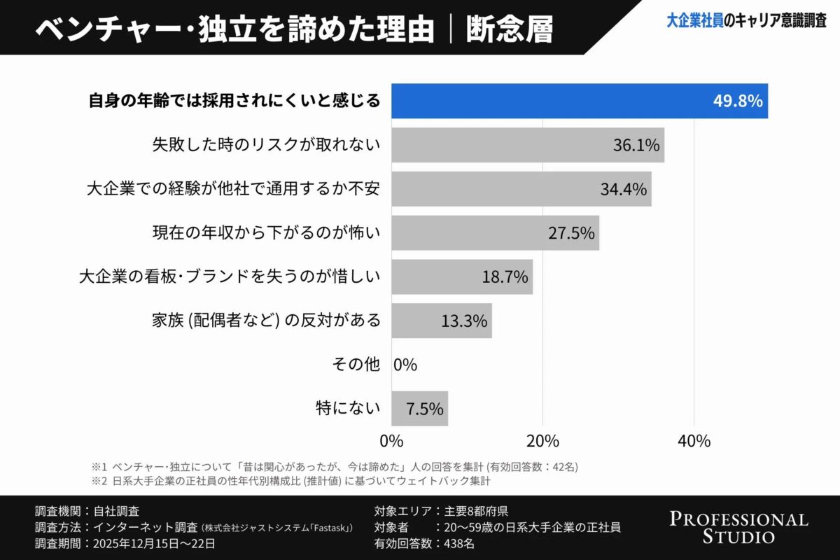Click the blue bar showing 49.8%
[579, 101]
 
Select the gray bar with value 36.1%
[527, 145]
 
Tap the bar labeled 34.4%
[521, 189]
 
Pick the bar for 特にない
[419, 409]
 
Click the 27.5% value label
[571, 233]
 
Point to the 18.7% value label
[505, 277]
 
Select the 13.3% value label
[464, 321]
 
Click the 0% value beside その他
[405, 365]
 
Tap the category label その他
[356, 365]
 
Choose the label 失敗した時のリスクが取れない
[266, 145]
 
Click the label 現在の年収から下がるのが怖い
[266, 233]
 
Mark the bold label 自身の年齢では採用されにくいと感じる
[234, 101]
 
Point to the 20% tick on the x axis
[542, 441]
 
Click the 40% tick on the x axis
[694, 441]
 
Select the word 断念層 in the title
[509, 29]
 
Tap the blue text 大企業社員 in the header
[694, 21]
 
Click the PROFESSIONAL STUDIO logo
[738, 528]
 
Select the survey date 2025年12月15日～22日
[153, 542]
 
